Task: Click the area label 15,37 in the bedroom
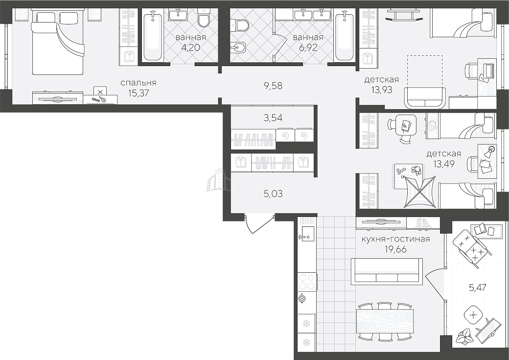click(x=139, y=93)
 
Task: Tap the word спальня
click(x=139, y=83)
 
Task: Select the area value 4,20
click(x=190, y=48)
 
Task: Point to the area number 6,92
click(x=308, y=48)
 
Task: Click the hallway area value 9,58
click(x=273, y=86)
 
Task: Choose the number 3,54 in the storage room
click(x=273, y=118)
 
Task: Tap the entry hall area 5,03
click(x=273, y=194)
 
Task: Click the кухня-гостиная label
click(x=396, y=240)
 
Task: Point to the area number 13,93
click(x=382, y=89)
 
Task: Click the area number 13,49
click(x=444, y=164)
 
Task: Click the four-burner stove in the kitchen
click(x=307, y=282)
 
